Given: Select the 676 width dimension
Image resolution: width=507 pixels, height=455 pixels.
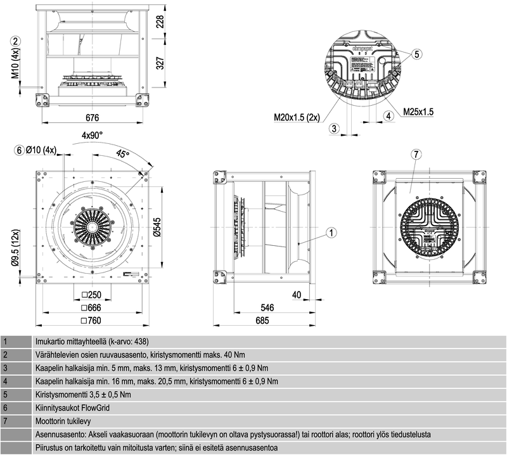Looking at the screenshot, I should tap(93, 117).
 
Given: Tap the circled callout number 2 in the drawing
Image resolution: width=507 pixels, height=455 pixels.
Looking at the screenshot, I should tap(16, 40).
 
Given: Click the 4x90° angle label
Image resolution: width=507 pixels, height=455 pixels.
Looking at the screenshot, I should tap(93, 135).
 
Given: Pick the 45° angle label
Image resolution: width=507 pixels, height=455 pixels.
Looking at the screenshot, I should tap(123, 154).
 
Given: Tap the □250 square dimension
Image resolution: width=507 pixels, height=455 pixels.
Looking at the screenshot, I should tap(93, 295).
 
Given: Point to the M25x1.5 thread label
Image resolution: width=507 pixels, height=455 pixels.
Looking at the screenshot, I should tap(418, 112).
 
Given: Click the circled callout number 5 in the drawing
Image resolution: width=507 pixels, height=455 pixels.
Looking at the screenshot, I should tap(416, 54).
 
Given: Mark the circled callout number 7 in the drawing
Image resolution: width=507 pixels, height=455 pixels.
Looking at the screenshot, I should tap(416, 155).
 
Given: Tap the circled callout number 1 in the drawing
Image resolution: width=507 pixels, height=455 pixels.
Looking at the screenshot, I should tap(332, 233).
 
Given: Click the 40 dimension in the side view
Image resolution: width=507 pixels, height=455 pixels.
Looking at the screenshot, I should tap(296, 295).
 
